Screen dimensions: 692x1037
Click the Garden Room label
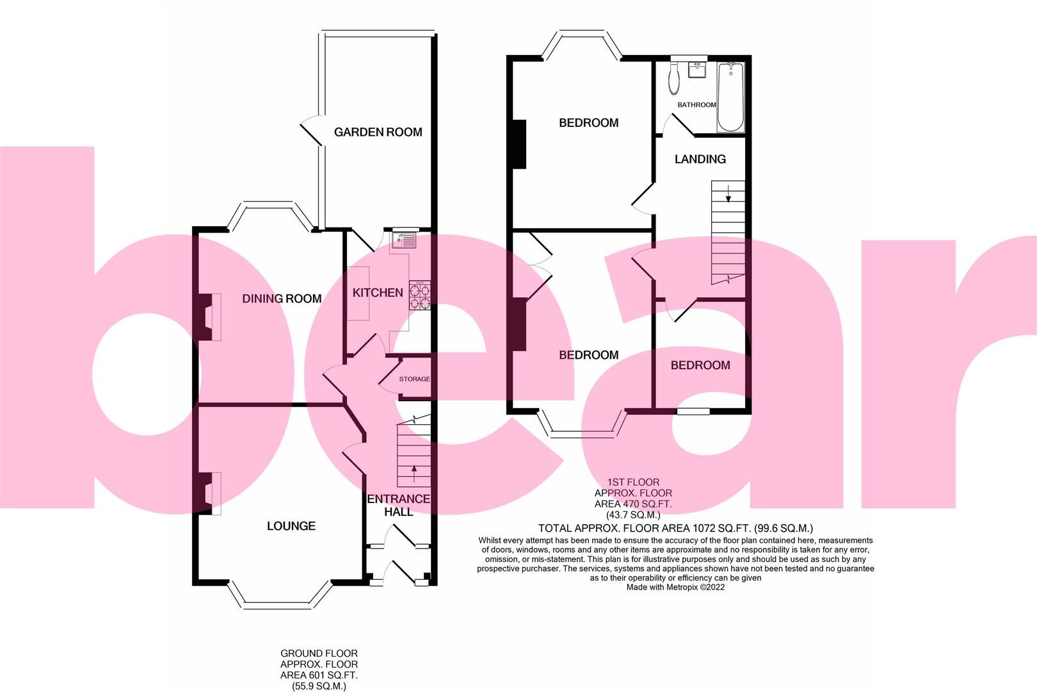pos(378,132)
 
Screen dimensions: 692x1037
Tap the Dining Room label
pos(282,299)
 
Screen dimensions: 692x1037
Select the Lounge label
pos(291,526)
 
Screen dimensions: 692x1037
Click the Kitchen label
pos(378,293)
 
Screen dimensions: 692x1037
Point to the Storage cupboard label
pos(415,379)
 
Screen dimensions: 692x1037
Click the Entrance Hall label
pos(398,506)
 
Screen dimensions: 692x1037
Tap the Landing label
pos(700,159)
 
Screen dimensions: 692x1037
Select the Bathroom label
pos(696,105)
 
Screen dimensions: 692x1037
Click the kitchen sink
pos(405,240)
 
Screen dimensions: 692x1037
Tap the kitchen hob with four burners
pos(420,296)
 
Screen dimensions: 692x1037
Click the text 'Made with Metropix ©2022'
pos(675,587)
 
